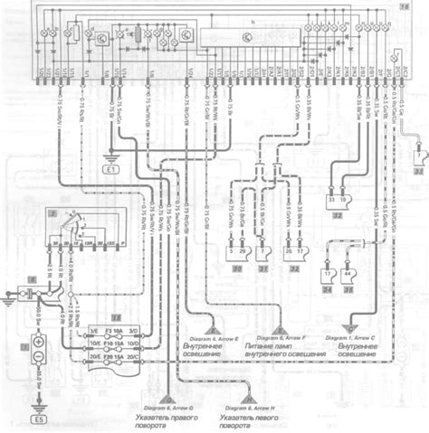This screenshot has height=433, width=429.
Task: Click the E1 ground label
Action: coord(112,169)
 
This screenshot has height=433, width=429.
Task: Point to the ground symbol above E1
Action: coord(112,156)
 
